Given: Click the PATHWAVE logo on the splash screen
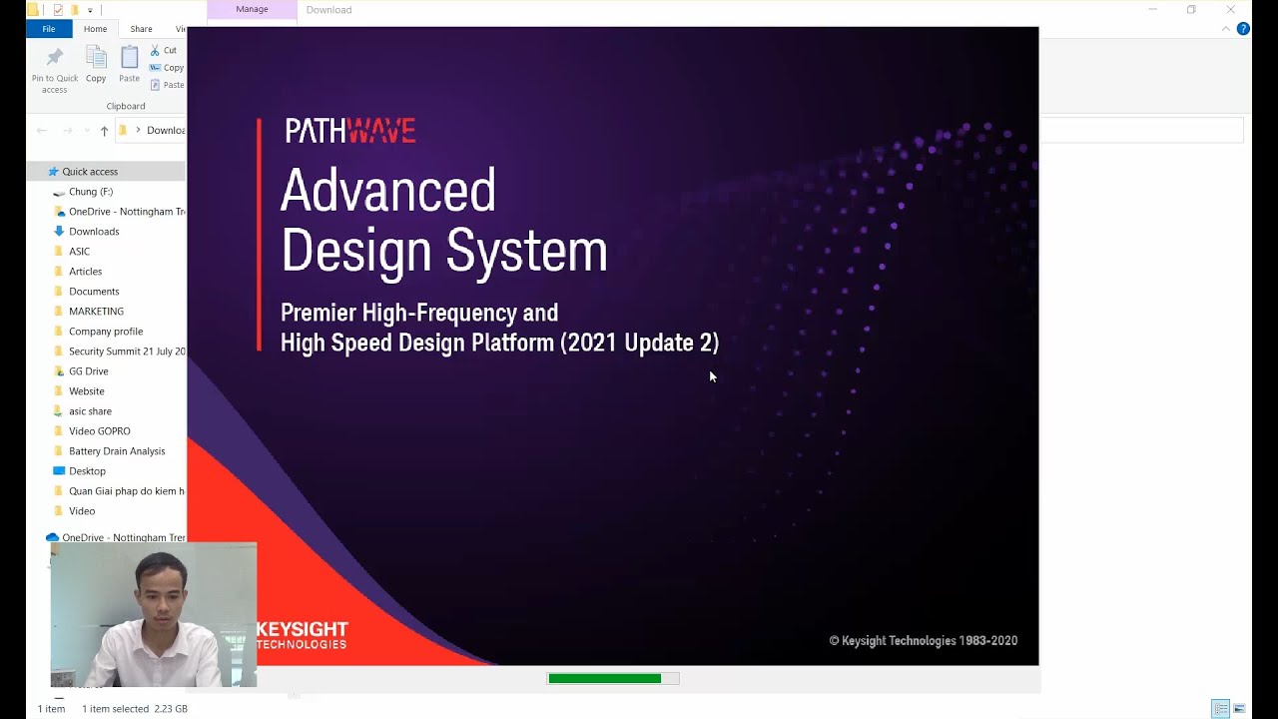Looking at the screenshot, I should pos(349,131).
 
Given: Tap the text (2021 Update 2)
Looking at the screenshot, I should pos(639,343).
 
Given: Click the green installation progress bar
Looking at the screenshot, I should pos(605,679).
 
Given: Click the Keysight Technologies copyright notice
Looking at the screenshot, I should pos(923,641).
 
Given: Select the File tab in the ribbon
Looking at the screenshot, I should pos(48,29).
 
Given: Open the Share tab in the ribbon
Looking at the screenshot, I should pos(141,29).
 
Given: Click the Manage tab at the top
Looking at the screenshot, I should pos(252,9).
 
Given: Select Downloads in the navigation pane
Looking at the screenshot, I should pos(94,232).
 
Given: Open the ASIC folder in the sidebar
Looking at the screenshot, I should pos(79,252).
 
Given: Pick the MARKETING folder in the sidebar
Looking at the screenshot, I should pos(96,312).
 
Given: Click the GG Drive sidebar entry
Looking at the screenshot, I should pos(88,371).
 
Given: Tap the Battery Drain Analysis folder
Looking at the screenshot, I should pos(117,451).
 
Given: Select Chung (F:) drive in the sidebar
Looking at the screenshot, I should pos(90,192).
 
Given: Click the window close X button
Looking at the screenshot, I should pos(1230,10).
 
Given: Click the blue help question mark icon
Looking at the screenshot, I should pos(1243,29).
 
